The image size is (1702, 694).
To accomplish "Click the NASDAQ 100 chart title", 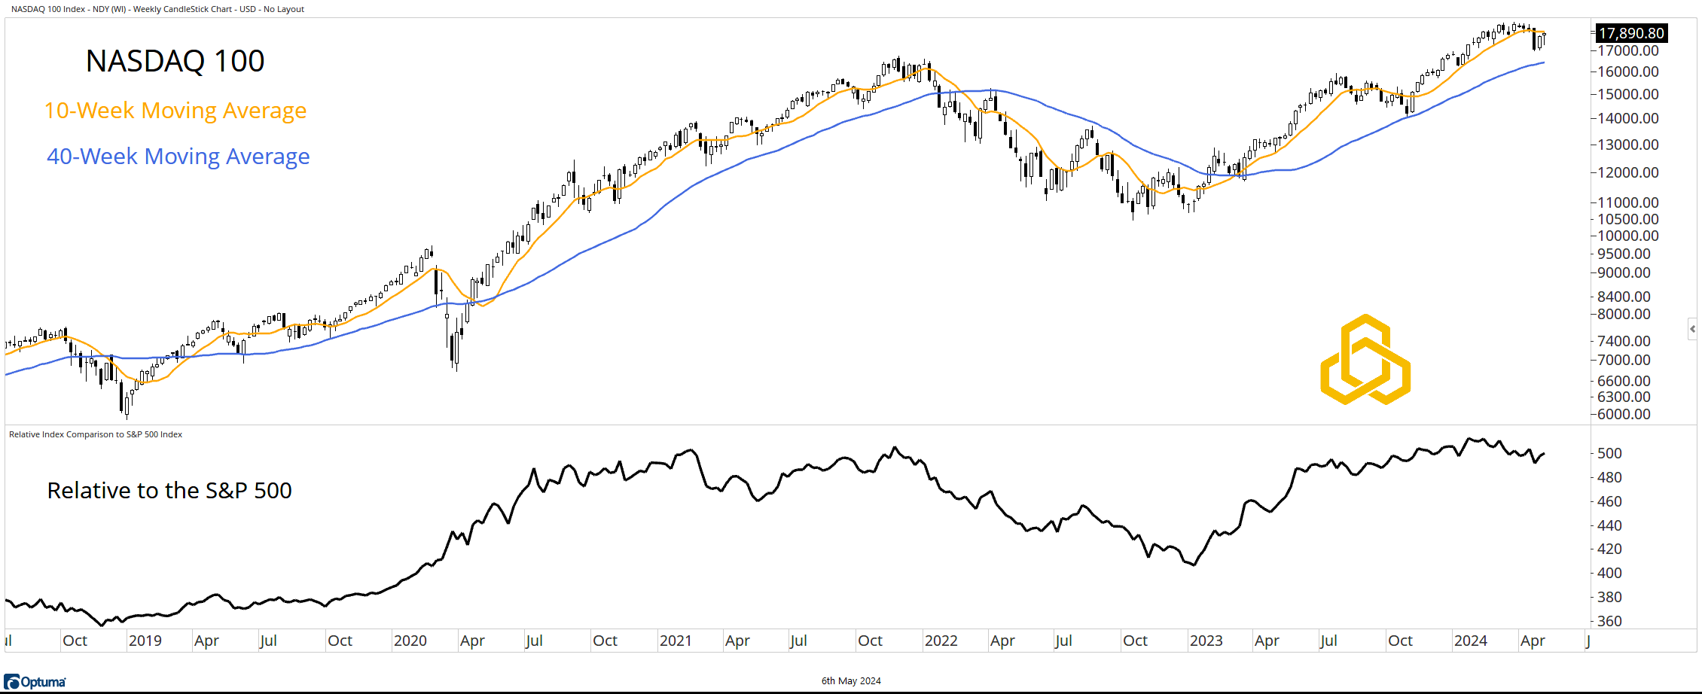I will (175, 61).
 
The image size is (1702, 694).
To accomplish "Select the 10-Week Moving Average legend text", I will (175, 111).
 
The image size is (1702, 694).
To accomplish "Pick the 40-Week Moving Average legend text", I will (178, 157).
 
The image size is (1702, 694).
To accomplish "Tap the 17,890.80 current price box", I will (1631, 33).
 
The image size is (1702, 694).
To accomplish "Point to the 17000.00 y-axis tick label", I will (1627, 51).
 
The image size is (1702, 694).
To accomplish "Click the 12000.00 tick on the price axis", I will (1627, 172).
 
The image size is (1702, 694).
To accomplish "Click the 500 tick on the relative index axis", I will (1609, 453).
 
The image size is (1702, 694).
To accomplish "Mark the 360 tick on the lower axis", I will (1609, 621).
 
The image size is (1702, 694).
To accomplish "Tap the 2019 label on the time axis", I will (145, 641).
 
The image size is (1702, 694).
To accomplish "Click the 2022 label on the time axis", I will (941, 641).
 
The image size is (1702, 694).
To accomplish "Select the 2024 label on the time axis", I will (1470, 641).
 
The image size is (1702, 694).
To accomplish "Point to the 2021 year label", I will (676, 641).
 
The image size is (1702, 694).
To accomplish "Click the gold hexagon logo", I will (1365, 360).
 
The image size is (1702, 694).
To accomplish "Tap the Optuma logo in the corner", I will (35, 682).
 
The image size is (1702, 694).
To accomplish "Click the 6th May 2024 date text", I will (851, 681).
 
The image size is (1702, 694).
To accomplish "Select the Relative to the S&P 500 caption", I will (169, 491).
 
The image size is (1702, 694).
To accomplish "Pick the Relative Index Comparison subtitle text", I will (96, 434).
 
